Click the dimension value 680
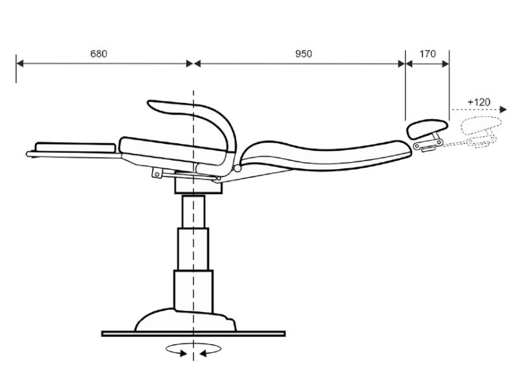[x=99, y=54]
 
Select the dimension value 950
[x=304, y=54]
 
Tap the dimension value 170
[x=428, y=54]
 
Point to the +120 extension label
[x=479, y=102]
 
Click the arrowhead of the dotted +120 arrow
[x=503, y=110]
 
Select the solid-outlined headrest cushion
[x=427, y=128]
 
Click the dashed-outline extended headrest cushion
[x=481, y=126]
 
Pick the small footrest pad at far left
[x=75, y=147]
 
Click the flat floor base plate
[x=193, y=334]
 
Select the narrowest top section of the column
[x=193, y=211]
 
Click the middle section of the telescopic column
[x=193, y=249]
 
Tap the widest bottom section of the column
[x=193, y=291]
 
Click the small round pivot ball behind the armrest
[x=237, y=169]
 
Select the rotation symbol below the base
[x=193, y=350]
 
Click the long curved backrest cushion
[x=326, y=156]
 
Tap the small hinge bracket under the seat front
[x=158, y=173]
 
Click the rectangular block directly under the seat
[x=199, y=186]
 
